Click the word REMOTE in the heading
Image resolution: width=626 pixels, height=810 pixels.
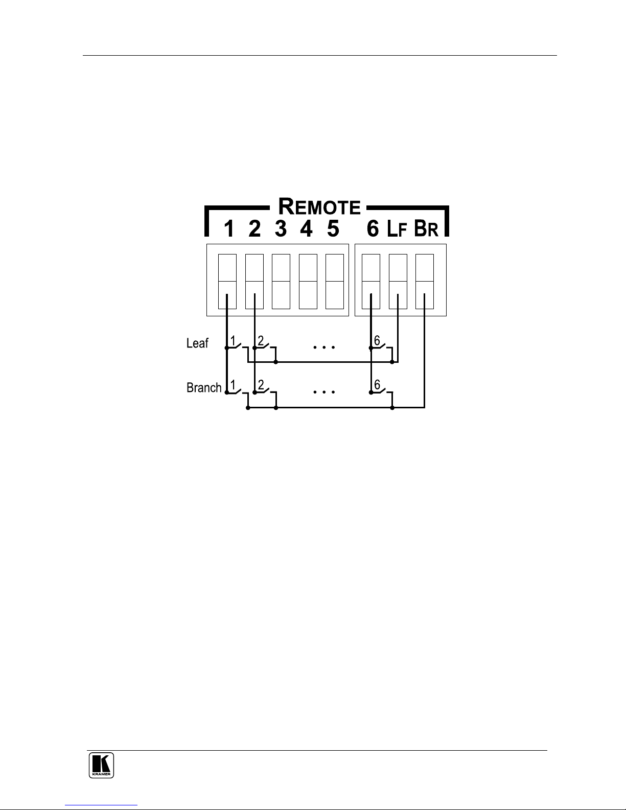[x=319, y=207]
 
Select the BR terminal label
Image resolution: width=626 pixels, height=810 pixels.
[x=426, y=229]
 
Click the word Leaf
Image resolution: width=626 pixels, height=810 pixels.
[x=197, y=343]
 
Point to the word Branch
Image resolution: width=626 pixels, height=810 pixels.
[x=204, y=388]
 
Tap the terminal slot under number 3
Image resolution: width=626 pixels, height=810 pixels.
[x=281, y=281]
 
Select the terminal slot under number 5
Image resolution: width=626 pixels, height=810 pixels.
[x=335, y=281]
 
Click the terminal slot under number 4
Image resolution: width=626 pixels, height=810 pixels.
[x=308, y=281]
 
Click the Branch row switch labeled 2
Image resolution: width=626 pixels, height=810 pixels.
[x=265, y=391]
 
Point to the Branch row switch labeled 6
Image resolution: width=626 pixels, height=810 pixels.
[x=381, y=391]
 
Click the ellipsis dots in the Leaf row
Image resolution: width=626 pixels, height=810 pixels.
[x=323, y=347]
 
